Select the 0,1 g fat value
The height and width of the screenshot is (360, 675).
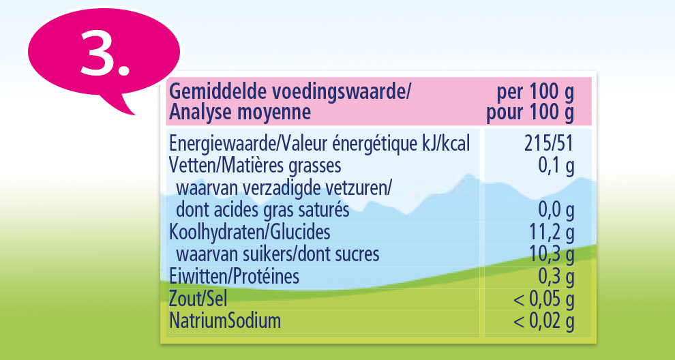(x=556, y=165)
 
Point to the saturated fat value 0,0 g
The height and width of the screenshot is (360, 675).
(x=556, y=209)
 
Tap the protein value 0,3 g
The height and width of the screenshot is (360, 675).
(x=556, y=276)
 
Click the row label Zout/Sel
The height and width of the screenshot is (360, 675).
(x=198, y=298)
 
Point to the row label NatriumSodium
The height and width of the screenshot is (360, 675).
(x=225, y=320)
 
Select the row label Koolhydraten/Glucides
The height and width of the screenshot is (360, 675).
(x=250, y=232)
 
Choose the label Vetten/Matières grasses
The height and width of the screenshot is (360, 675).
(x=255, y=165)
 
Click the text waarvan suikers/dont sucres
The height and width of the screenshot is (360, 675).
(x=277, y=254)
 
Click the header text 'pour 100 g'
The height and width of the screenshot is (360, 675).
(x=530, y=110)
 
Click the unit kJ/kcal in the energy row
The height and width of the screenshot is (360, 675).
(x=446, y=144)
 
